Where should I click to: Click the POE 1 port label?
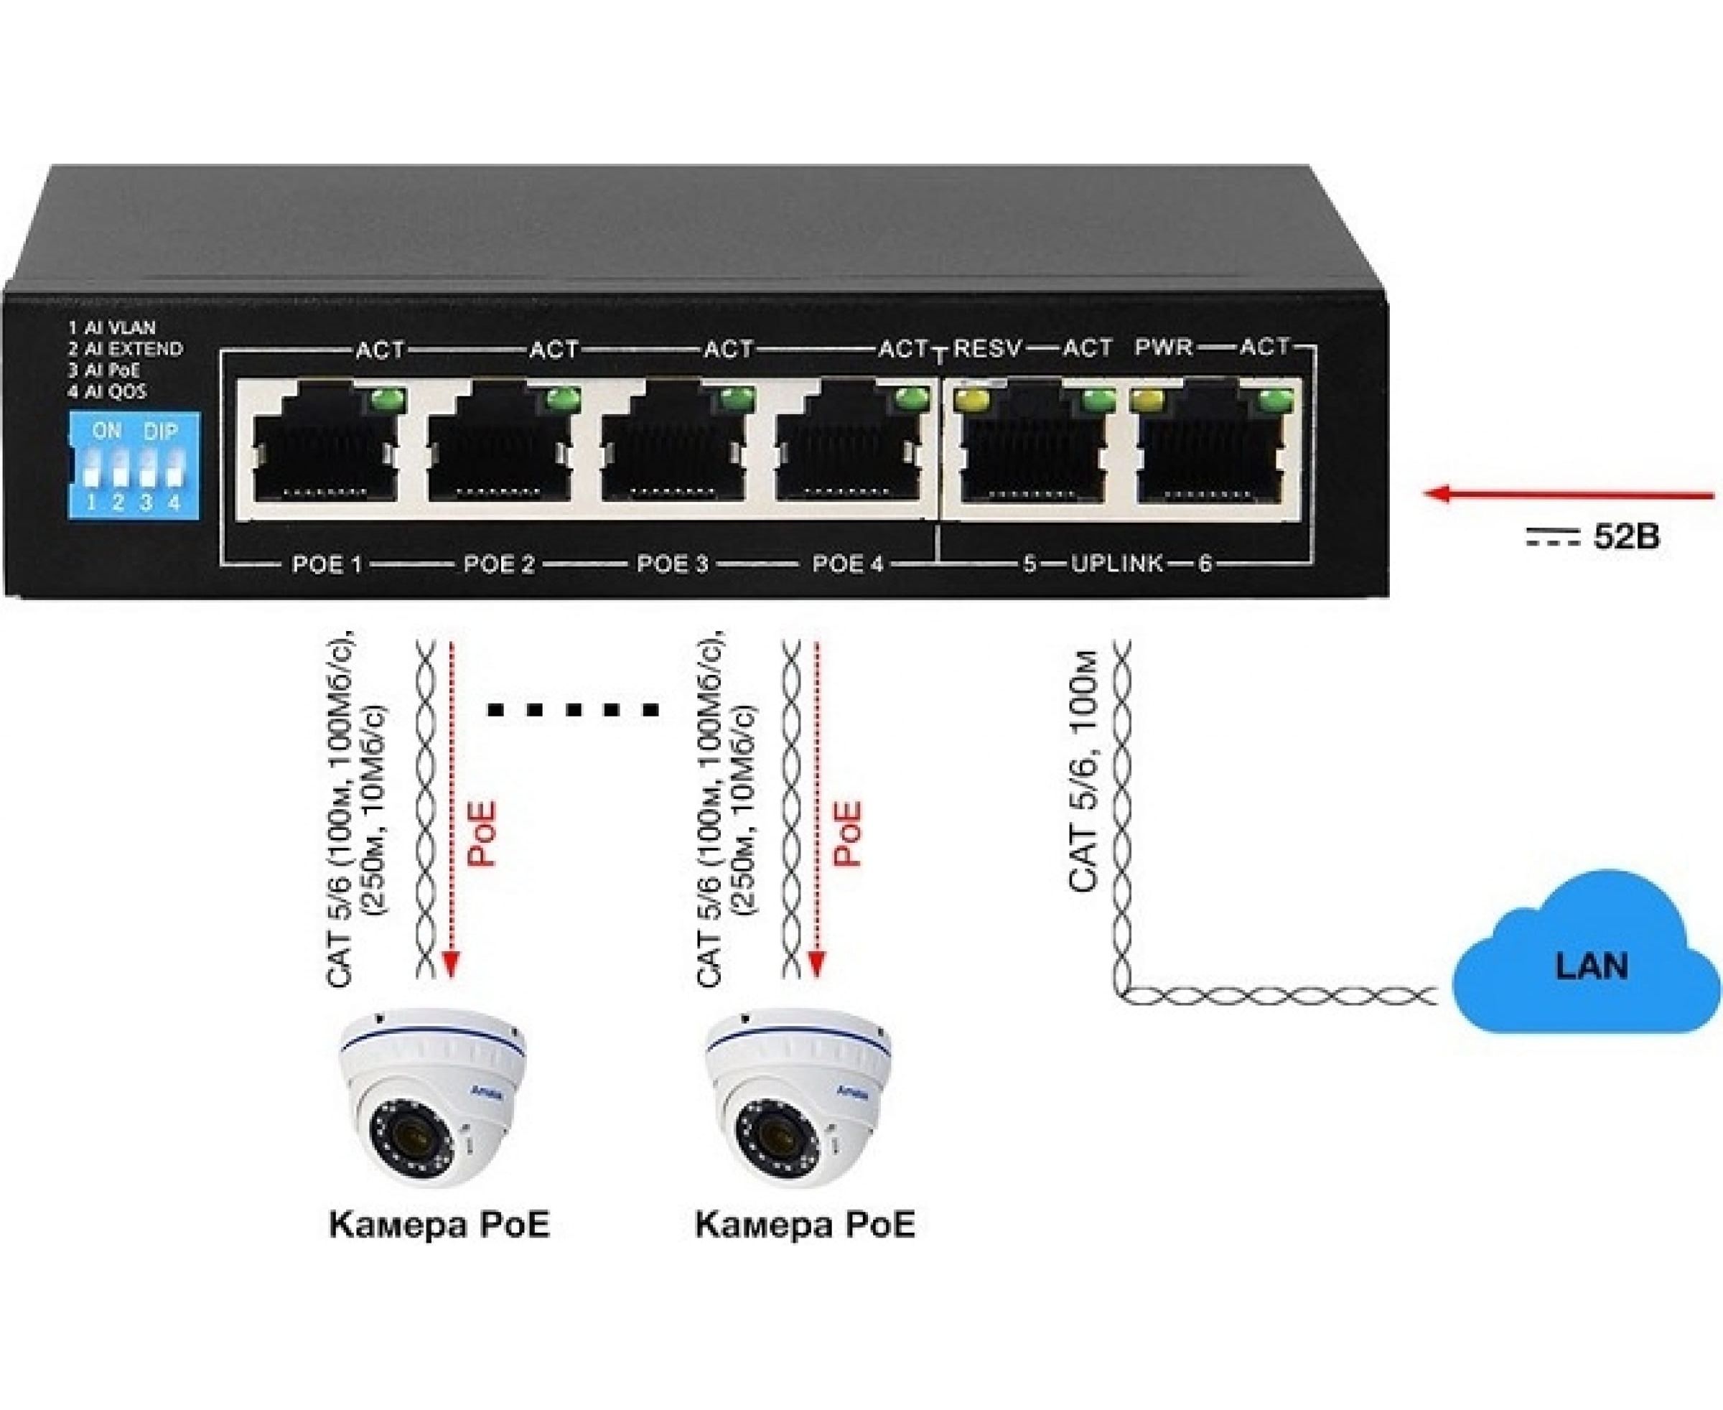click(x=326, y=564)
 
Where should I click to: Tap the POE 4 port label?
click(x=847, y=564)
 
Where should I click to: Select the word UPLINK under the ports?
click(x=1116, y=563)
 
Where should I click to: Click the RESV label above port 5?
click(x=987, y=348)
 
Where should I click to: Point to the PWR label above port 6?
click(x=1163, y=347)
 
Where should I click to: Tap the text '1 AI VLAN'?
click(x=112, y=328)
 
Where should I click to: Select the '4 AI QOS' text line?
click(x=107, y=391)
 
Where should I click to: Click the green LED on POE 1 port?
click(x=388, y=400)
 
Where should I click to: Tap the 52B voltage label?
click(x=1625, y=538)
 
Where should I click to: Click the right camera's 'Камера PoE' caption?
click(x=804, y=1247)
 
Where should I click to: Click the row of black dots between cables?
click(x=574, y=711)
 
